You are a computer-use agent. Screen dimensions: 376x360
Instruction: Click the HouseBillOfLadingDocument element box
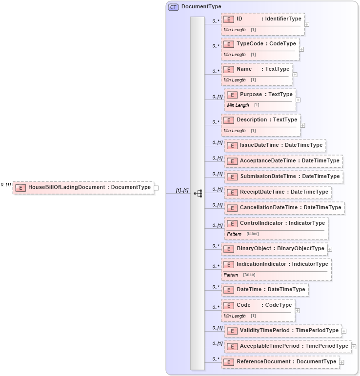[83, 187]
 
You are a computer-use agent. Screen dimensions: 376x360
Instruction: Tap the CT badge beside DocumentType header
[173, 7]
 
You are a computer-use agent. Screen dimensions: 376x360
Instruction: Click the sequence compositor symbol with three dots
[198, 193]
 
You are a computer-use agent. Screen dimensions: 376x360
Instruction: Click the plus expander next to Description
[303, 125]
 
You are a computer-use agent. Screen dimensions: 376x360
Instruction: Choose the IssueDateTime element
[275, 145]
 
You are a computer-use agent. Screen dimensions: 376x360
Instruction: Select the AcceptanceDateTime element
[283, 161]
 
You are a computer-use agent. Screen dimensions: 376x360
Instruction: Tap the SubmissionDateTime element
[283, 177]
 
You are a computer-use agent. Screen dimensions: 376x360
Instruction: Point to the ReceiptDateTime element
[278, 192]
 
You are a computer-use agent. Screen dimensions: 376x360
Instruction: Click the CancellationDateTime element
[284, 208]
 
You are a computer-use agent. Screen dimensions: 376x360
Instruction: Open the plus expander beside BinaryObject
[330, 249]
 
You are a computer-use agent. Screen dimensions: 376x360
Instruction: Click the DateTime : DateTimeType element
[265, 290]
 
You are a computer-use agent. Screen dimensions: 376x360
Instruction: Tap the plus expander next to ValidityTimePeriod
[344, 331]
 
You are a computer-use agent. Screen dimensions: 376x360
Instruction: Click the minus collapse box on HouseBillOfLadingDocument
[156, 187]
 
